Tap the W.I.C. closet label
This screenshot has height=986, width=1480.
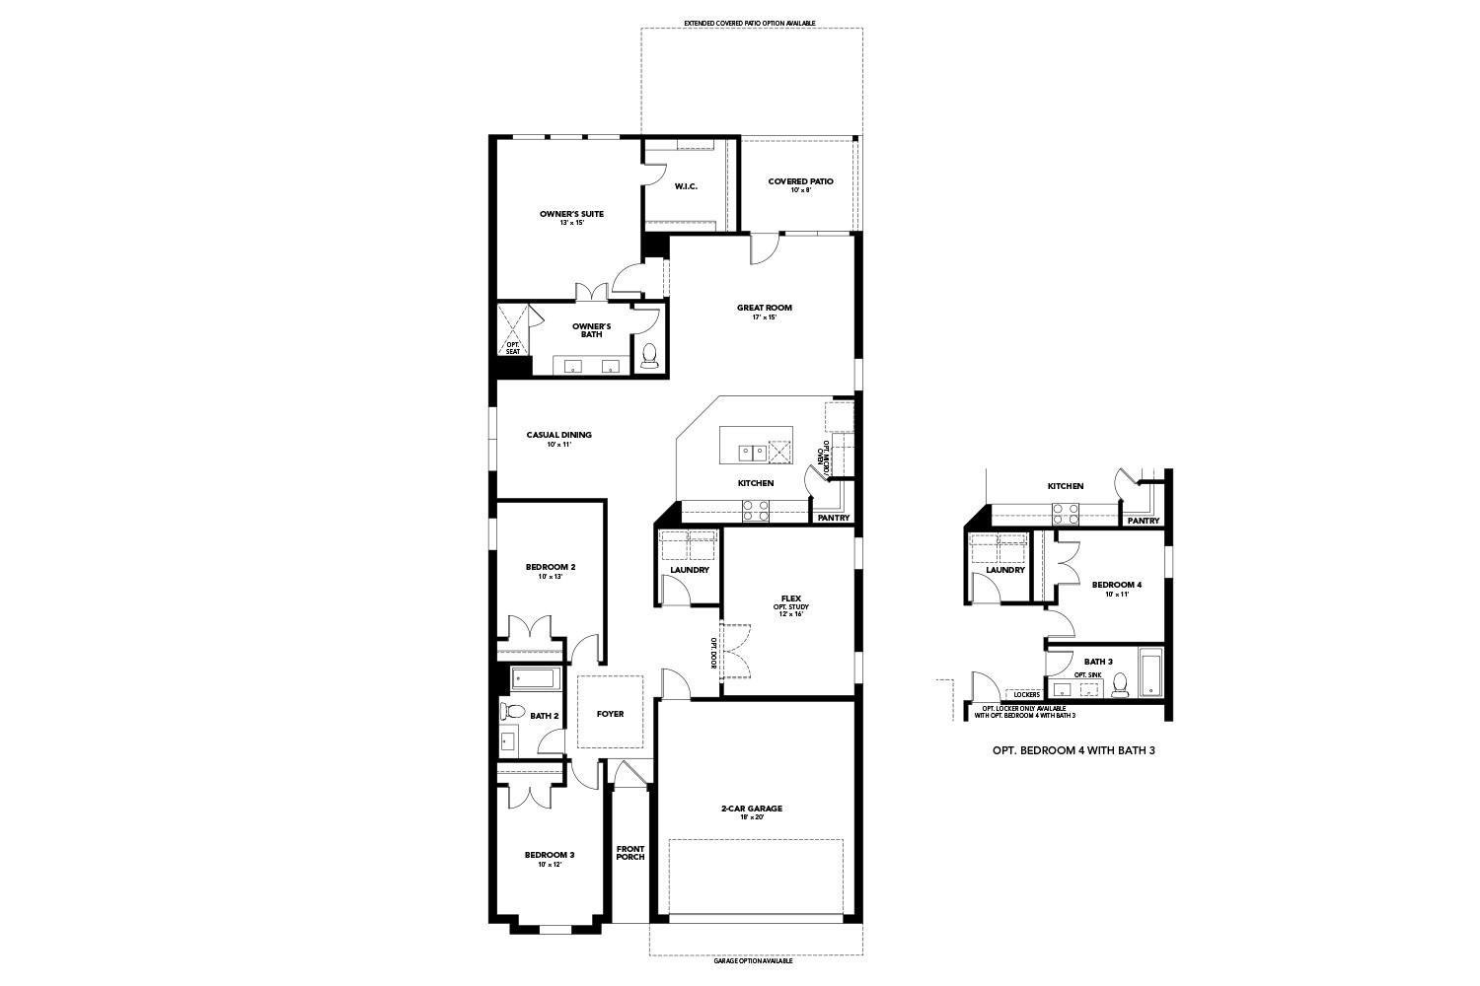(686, 186)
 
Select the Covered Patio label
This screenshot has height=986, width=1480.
(800, 184)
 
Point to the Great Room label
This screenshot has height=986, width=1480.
(764, 312)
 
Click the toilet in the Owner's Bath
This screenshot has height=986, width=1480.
(648, 355)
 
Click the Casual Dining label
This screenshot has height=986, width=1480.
(558, 438)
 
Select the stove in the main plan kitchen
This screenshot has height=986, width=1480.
(756, 510)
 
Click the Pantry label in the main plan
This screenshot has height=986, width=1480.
(833, 517)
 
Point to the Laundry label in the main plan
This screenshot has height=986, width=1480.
(689, 570)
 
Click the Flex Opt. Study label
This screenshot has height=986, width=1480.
(789, 604)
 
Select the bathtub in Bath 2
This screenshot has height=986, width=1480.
(536, 678)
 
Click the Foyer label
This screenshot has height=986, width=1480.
(610, 714)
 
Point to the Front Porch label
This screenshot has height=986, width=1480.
(629, 852)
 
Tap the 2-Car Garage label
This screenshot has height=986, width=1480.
(751, 811)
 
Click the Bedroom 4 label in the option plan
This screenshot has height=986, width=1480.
(1116, 588)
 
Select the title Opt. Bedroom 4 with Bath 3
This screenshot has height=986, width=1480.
(1073, 750)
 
